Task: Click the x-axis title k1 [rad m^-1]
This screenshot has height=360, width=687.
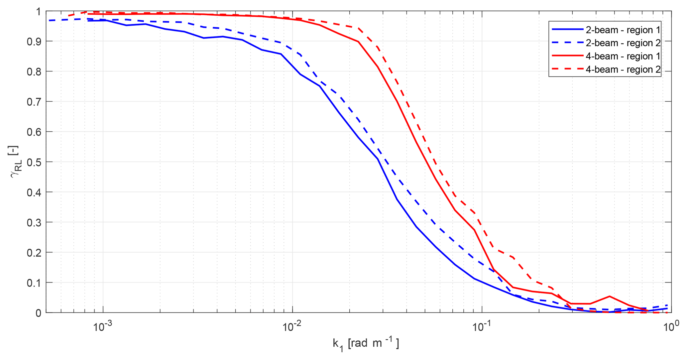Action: [x=366, y=344]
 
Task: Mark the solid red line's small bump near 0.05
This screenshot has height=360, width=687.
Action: [x=610, y=296]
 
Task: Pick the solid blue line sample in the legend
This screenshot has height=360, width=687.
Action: [x=567, y=30]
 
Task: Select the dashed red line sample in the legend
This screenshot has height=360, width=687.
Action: [x=567, y=69]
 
